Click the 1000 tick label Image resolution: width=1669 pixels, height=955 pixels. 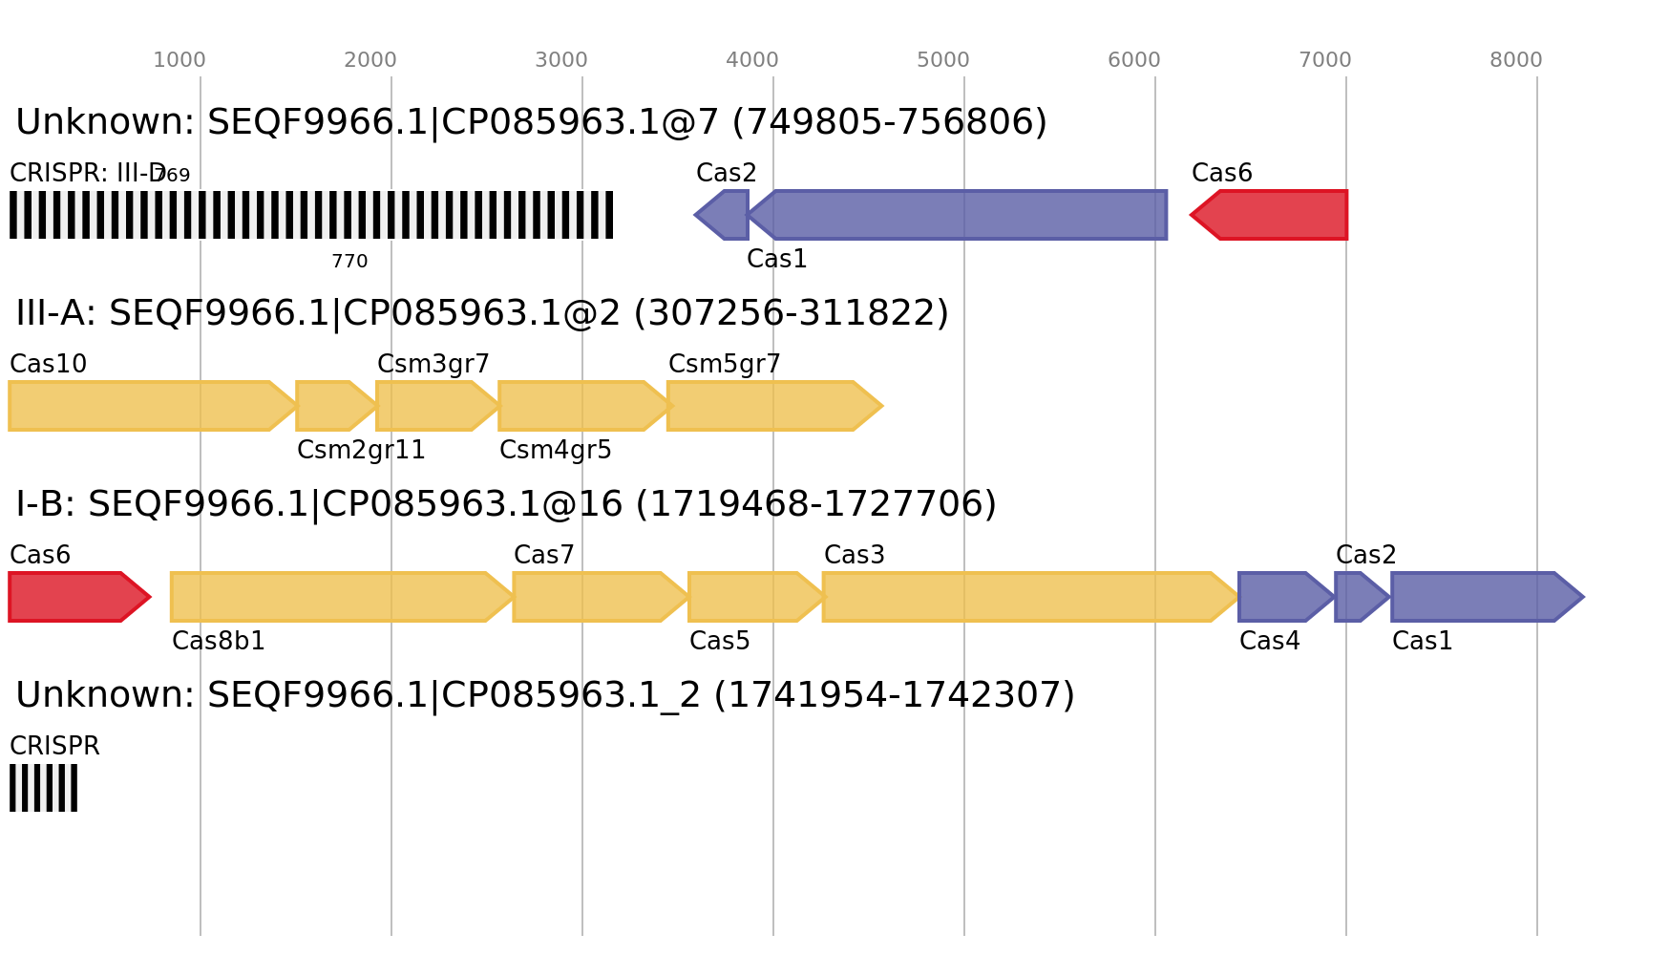coord(180,60)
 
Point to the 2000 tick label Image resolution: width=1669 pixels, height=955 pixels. coord(370,60)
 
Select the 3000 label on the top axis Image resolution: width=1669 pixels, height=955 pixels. coord(561,60)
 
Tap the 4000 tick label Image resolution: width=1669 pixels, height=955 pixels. coord(752,60)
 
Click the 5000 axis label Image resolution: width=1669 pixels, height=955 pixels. coord(943,60)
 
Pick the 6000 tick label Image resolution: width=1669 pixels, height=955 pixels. coord(1134,60)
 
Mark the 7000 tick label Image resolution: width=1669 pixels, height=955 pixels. coord(1325,60)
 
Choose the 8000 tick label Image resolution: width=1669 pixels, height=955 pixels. coord(1516,60)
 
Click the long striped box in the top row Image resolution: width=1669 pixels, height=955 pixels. coord(311,215)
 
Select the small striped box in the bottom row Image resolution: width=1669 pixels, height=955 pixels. coord(43,788)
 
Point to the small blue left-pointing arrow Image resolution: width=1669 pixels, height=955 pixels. coord(723,215)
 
